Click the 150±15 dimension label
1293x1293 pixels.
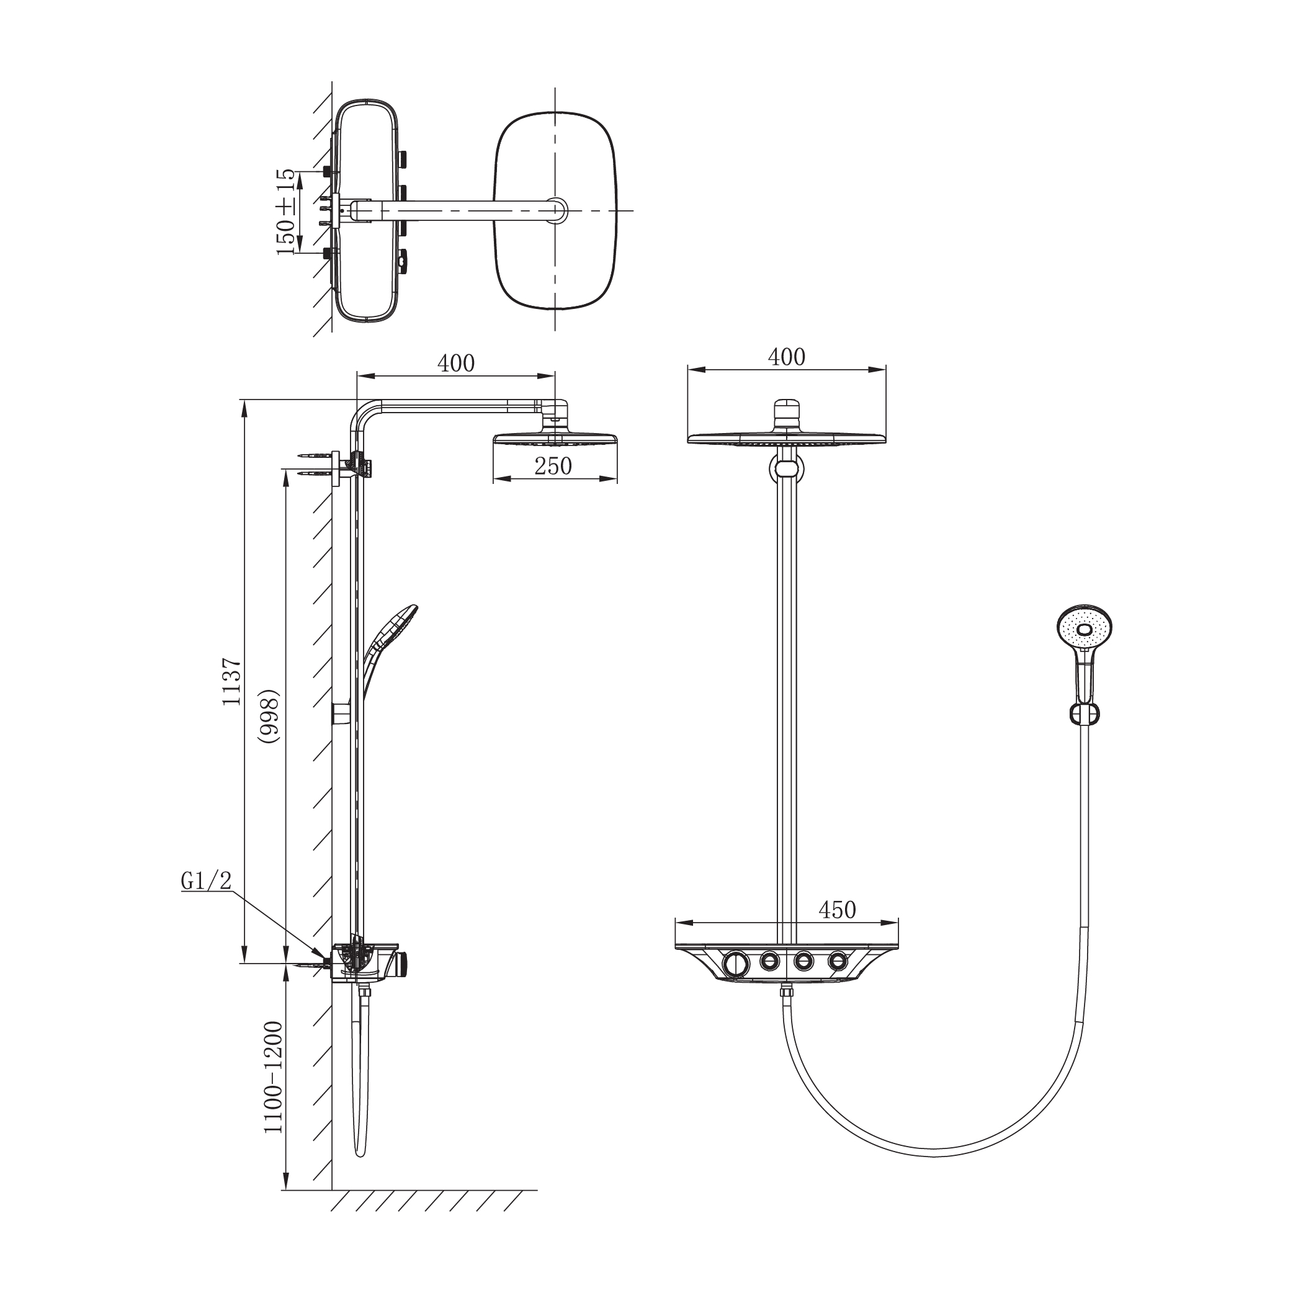coord(285,212)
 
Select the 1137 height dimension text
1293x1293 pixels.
coord(231,681)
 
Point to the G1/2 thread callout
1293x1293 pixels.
coord(206,881)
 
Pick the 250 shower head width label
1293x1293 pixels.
coord(553,466)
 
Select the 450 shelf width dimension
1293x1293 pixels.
coord(836,910)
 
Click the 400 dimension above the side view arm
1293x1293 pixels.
coord(456,363)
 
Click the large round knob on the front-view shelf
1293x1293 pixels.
coord(736,964)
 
